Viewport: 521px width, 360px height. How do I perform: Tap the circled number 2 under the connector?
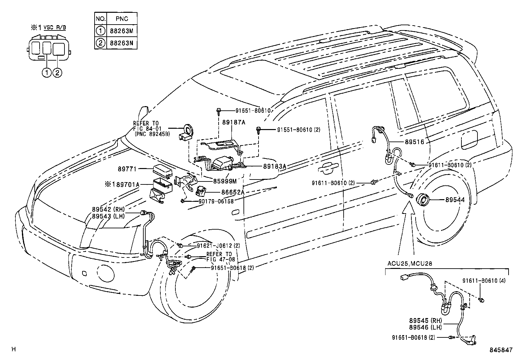57,73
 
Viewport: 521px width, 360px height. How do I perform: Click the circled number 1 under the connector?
46,73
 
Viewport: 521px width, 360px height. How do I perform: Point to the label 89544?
455,200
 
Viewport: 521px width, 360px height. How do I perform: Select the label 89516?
414,142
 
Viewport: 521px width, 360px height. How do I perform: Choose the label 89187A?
234,122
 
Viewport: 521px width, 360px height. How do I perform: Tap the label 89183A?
275,166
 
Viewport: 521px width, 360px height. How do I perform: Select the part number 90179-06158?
216,201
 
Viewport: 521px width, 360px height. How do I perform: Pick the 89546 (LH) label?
425,327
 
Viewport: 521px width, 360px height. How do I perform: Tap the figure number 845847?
501,350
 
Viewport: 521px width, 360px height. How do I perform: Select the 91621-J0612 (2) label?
218,246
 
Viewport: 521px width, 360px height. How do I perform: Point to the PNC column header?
122,19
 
